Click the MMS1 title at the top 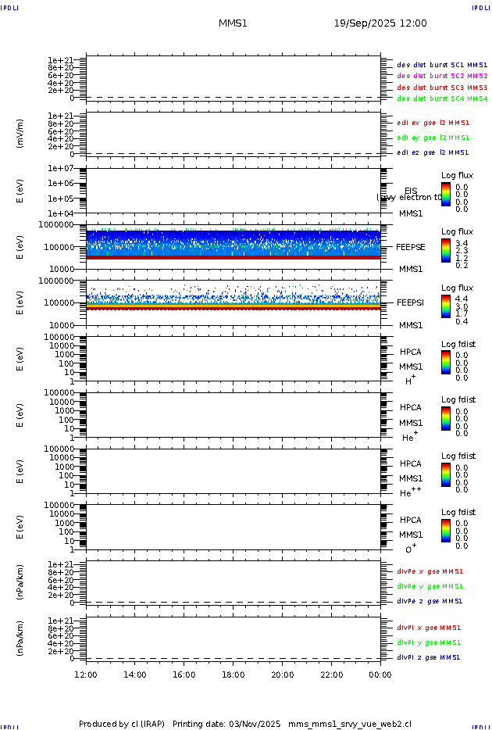(233, 23)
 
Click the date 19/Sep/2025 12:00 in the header (380, 23)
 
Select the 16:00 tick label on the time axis (184, 675)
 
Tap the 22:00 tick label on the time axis (331, 675)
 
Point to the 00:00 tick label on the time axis (380, 675)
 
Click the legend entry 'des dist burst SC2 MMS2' (442, 76)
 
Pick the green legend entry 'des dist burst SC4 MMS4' (442, 99)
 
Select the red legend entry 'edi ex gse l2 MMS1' (433, 123)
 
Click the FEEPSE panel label (411, 247)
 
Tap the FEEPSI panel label (411, 302)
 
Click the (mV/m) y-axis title (20, 134)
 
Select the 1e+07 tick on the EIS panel (60, 169)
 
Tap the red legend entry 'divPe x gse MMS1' (430, 571)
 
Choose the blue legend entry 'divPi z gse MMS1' (429, 657)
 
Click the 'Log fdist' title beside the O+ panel (458, 513)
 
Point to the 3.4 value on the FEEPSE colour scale (462, 244)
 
